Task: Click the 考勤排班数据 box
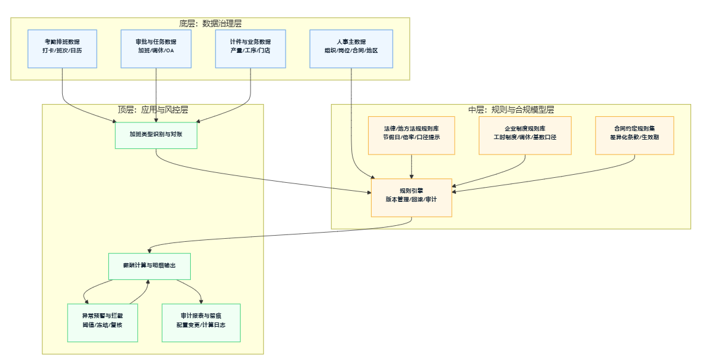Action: coord(63,49)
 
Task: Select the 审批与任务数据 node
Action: coord(156,49)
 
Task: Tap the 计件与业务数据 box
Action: coord(250,49)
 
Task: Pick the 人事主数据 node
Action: coord(351,49)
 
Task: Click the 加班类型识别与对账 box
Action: coord(156,135)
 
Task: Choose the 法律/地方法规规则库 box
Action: coord(411,135)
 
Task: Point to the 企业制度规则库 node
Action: coord(525,135)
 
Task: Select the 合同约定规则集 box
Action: coord(634,135)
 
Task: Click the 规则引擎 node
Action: coord(411,198)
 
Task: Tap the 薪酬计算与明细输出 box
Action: coord(150,266)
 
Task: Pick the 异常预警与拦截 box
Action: coord(102,322)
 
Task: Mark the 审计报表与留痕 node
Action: coord(201,322)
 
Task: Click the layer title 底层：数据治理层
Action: coord(210,23)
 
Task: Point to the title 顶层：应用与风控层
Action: coord(153,110)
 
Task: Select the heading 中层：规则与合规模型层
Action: coord(511,110)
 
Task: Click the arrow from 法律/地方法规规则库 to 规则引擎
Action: coord(411,166)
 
